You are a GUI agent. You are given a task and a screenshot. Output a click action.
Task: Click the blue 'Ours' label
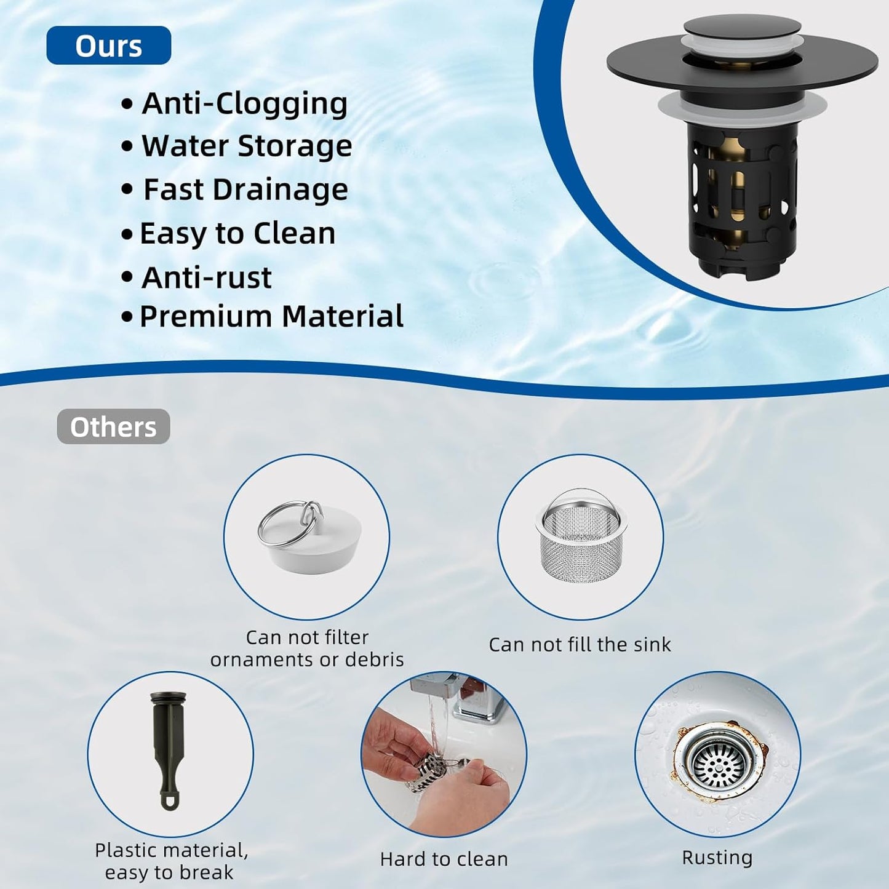pos(108,46)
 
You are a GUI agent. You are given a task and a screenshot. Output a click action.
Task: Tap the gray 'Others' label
pos(113,426)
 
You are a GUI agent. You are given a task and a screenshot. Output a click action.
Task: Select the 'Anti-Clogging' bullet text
pos(244,103)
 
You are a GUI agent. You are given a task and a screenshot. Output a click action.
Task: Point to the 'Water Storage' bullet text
pos(247,146)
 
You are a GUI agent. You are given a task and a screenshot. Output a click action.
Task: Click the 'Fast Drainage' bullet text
pos(245,189)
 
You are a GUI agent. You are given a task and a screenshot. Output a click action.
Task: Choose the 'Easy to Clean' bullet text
pos(237,234)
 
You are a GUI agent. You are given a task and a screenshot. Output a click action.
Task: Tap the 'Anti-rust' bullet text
pos(206,277)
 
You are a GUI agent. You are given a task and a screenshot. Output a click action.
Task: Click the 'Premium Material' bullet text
pos(271,316)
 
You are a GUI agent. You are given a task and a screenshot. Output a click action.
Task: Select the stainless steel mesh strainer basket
pos(580,539)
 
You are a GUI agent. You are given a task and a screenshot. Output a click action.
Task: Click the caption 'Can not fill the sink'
pos(580,645)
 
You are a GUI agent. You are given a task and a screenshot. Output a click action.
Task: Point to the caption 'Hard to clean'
pos(444,859)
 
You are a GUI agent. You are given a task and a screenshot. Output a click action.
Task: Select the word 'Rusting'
pos(717,858)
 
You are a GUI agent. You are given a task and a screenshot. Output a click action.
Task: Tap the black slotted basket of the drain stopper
pos(743,197)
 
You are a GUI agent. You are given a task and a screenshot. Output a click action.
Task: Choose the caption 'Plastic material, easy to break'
pos(170,861)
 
